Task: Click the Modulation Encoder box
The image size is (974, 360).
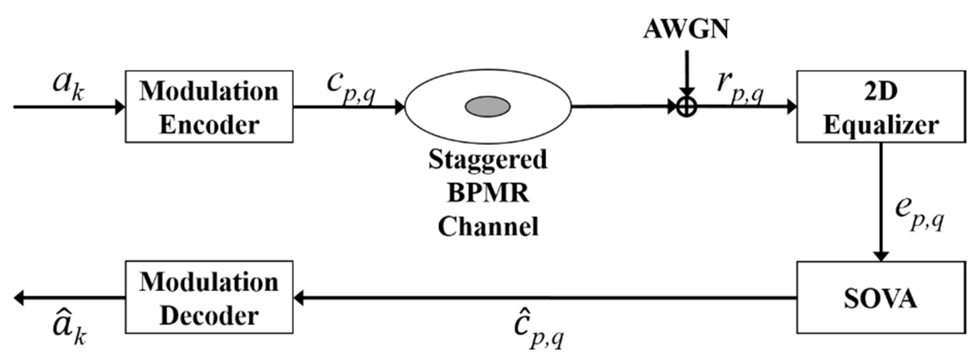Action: (209, 107)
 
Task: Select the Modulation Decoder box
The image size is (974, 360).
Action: (209, 298)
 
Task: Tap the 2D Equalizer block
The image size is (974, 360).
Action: (881, 107)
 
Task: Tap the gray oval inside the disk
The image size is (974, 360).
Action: (487, 106)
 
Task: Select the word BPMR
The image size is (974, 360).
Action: (488, 193)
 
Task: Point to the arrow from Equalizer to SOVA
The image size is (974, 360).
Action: (881, 201)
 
